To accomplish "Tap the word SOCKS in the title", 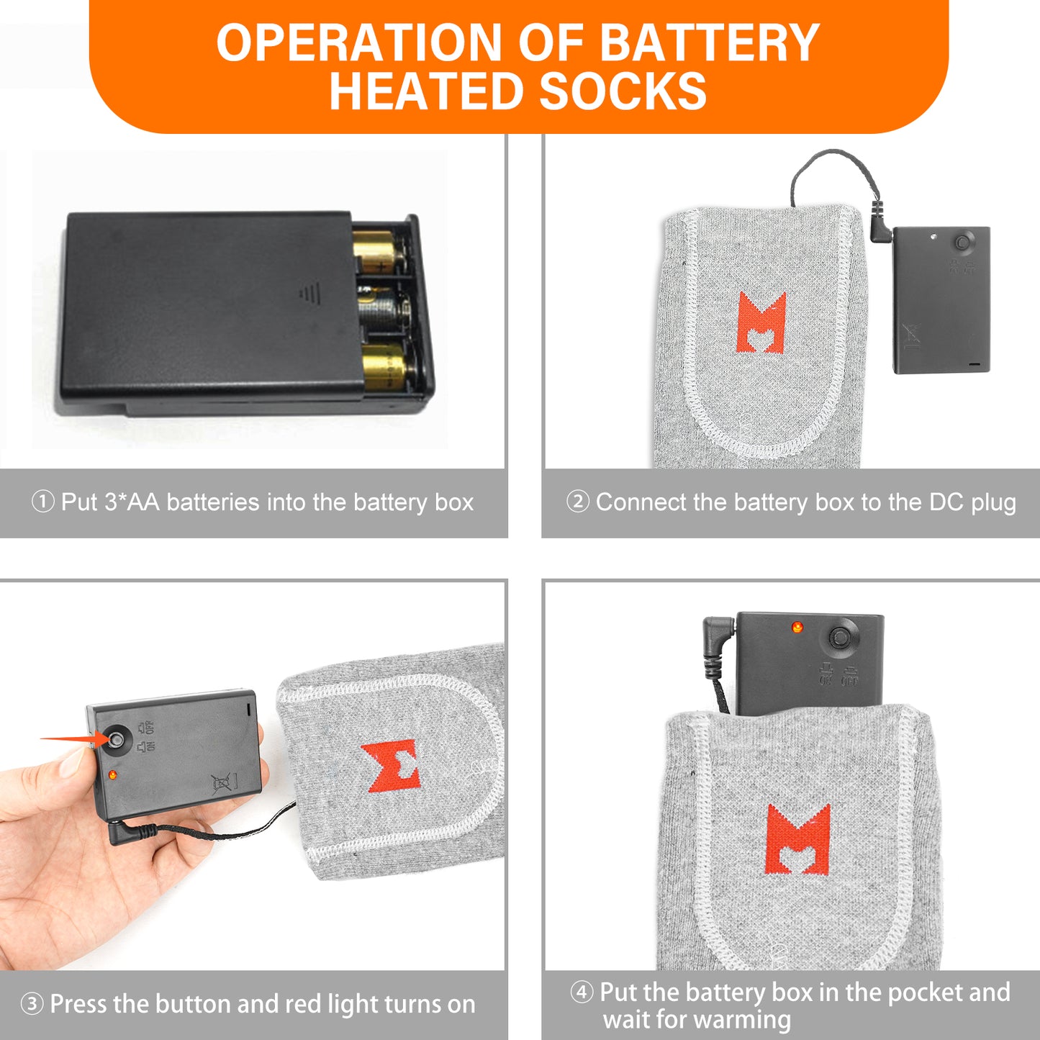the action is point(623,91).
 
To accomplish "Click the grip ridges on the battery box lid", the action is point(309,294).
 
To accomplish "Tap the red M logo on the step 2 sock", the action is point(761,322).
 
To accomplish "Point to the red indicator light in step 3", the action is point(113,775).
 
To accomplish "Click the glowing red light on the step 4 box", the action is point(797,627).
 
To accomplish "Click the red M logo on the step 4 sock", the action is point(797,838).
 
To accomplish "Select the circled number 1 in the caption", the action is point(42,502).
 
